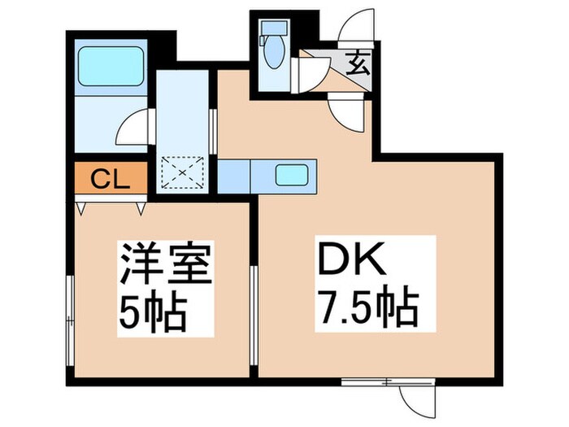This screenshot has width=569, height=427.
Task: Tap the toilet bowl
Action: point(273,54)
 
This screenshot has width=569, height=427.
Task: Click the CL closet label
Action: point(109,179)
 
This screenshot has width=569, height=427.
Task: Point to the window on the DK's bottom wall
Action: point(376,381)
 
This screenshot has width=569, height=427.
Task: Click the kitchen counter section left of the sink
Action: point(234,175)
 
